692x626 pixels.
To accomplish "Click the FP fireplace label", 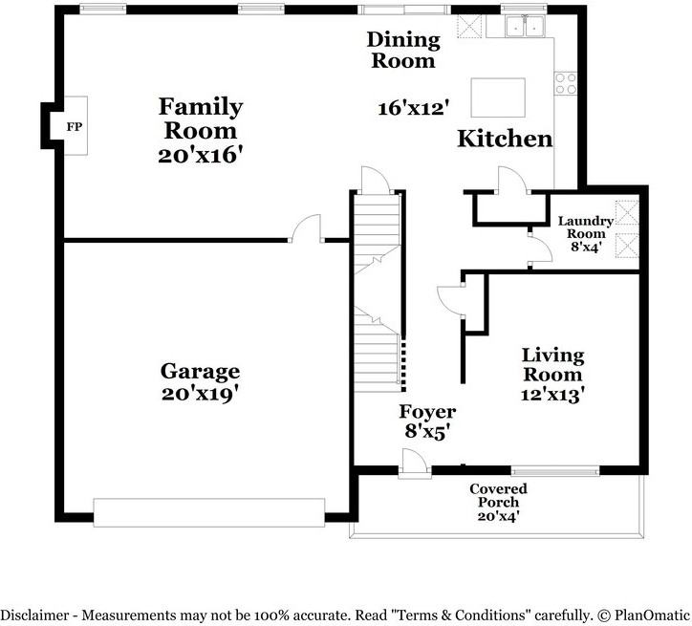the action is click(x=75, y=127).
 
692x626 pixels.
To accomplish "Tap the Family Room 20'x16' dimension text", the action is click(x=201, y=155).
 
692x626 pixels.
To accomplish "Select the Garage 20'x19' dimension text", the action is click(x=200, y=394).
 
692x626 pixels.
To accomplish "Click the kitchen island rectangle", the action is click(x=498, y=97).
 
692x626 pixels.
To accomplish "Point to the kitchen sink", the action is click(x=525, y=27).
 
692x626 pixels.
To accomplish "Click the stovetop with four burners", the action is click(x=566, y=83).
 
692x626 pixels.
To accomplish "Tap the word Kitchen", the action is click(x=505, y=139).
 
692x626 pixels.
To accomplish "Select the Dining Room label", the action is click(x=403, y=50).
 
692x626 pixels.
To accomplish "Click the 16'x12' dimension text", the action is click(x=414, y=108).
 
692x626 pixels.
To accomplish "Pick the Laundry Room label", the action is click(x=586, y=227).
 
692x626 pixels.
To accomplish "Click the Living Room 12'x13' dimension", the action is click(x=552, y=394).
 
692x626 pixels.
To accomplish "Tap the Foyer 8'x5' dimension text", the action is click(x=427, y=431).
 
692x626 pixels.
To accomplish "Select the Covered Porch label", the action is click(x=498, y=495).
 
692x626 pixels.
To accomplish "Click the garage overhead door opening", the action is click(x=209, y=512).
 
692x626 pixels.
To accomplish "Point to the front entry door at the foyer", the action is click(x=415, y=464).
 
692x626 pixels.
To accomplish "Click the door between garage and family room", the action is click(x=307, y=228).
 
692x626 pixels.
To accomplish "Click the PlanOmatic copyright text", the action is click(x=643, y=615).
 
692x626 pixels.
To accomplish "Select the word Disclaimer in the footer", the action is click(x=35, y=615).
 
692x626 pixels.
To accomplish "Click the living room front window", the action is click(x=555, y=471).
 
